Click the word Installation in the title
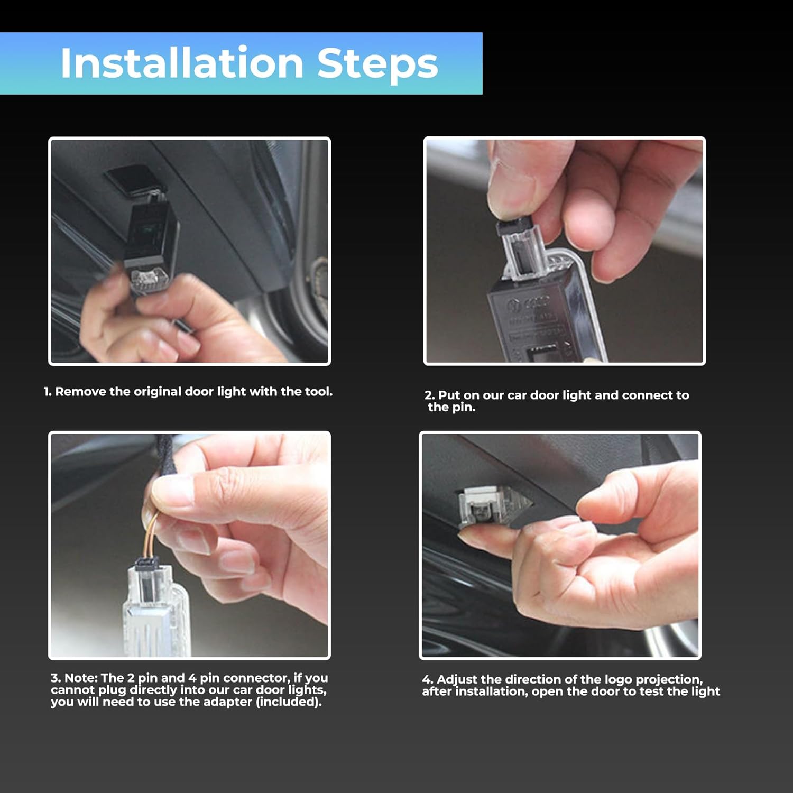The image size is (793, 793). coord(181,63)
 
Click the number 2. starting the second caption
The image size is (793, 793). coord(429,395)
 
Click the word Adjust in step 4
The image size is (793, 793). coord(457,679)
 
